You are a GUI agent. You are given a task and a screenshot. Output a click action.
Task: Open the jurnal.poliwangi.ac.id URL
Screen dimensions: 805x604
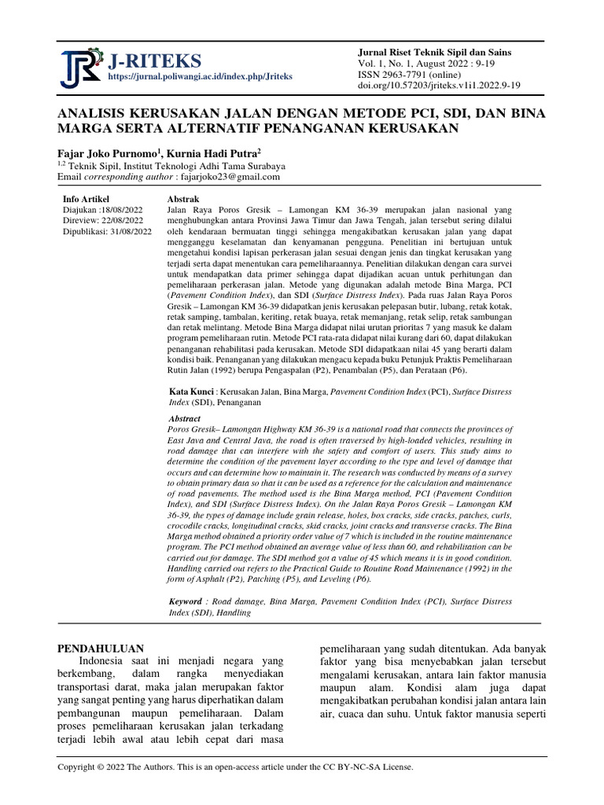[x=201, y=77]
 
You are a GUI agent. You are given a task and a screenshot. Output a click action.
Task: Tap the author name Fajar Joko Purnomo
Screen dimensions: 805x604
[x=111, y=153]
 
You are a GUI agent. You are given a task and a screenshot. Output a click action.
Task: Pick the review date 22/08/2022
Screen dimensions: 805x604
[x=125, y=221]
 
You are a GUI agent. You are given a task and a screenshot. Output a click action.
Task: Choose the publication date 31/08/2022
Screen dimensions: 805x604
[x=132, y=232]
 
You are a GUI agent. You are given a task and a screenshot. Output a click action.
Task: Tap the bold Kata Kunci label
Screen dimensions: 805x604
[x=191, y=391]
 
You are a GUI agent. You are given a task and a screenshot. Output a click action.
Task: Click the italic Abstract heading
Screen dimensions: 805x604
[x=185, y=419]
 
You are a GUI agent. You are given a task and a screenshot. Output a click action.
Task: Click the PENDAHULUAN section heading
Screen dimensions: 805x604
[x=101, y=649]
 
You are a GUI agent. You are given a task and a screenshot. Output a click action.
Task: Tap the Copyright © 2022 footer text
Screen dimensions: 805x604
[x=235, y=766]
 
